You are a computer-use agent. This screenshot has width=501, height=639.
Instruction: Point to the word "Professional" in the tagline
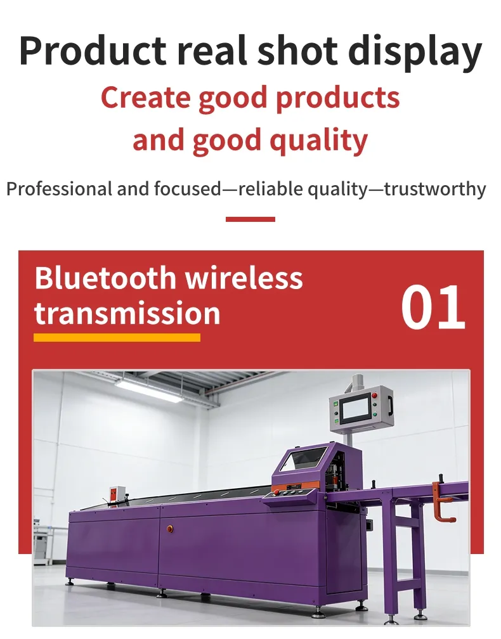[x=58, y=189]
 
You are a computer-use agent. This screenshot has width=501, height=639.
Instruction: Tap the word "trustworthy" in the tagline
[x=436, y=189]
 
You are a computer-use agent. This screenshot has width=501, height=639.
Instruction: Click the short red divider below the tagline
[x=250, y=219]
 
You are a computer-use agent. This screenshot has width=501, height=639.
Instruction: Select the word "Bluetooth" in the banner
[x=105, y=279]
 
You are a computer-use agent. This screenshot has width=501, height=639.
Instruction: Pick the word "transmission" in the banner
[x=127, y=313]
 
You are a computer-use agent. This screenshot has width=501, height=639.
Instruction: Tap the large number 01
[x=433, y=307]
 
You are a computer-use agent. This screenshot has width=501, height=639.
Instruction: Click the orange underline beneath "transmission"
[x=117, y=337]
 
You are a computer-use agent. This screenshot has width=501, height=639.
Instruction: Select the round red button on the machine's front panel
[x=169, y=528]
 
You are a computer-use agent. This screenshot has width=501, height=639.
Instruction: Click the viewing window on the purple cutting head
[x=304, y=460]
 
